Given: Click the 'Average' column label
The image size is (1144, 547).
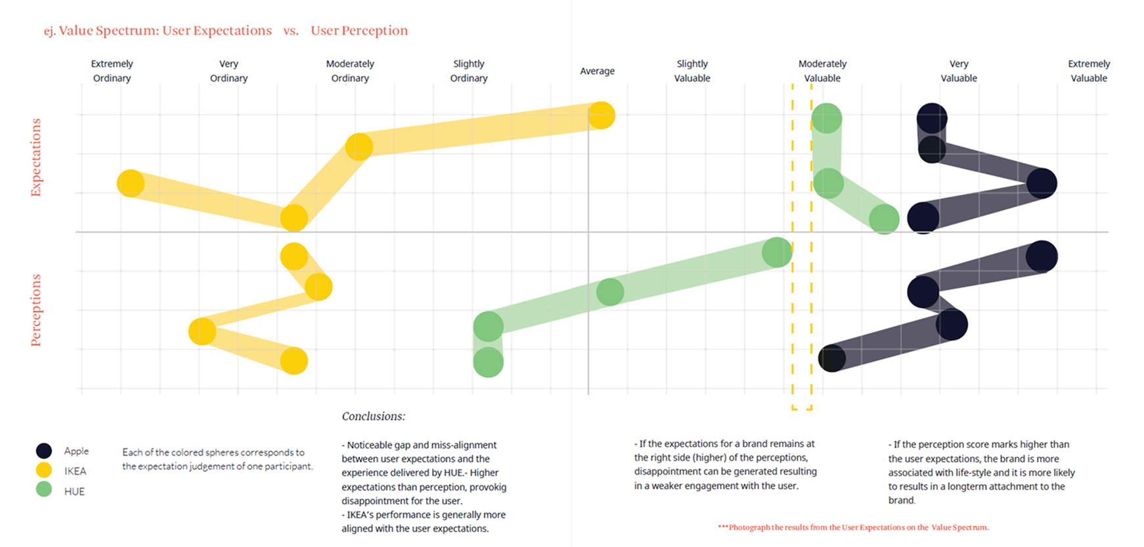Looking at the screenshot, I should click(597, 71).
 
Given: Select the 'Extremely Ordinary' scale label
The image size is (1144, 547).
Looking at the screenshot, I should click(112, 71).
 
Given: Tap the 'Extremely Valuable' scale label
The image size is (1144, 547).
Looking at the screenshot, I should click(1088, 71).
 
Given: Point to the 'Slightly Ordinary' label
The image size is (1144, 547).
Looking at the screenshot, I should click(468, 71).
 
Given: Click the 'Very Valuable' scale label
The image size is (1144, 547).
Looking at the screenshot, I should click(958, 71).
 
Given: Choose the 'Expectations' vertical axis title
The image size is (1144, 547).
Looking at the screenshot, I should click(35, 157).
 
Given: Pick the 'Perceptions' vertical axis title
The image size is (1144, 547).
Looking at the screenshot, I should click(35, 310).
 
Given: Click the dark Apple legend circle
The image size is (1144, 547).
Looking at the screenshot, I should click(44, 450).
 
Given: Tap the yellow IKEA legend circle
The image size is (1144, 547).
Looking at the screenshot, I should click(44, 470).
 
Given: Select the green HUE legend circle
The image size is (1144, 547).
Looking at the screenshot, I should click(44, 489).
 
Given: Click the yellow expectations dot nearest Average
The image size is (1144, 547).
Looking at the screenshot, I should click(602, 116).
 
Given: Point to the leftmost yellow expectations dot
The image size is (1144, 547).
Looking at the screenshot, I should click(131, 183).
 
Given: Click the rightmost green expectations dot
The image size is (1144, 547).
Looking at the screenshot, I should click(884, 220).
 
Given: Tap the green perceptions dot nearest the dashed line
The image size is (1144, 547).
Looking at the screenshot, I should click(777, 252).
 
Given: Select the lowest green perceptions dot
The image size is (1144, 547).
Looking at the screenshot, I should click(488, 362).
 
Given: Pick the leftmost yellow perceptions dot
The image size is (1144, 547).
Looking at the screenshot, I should click(202, 331).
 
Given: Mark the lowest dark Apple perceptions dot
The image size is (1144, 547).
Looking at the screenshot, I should click(832, 358).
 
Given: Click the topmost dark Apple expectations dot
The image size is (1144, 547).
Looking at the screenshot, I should click(932, 119).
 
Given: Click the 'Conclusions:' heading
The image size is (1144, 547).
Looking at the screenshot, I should click(373, 416).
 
